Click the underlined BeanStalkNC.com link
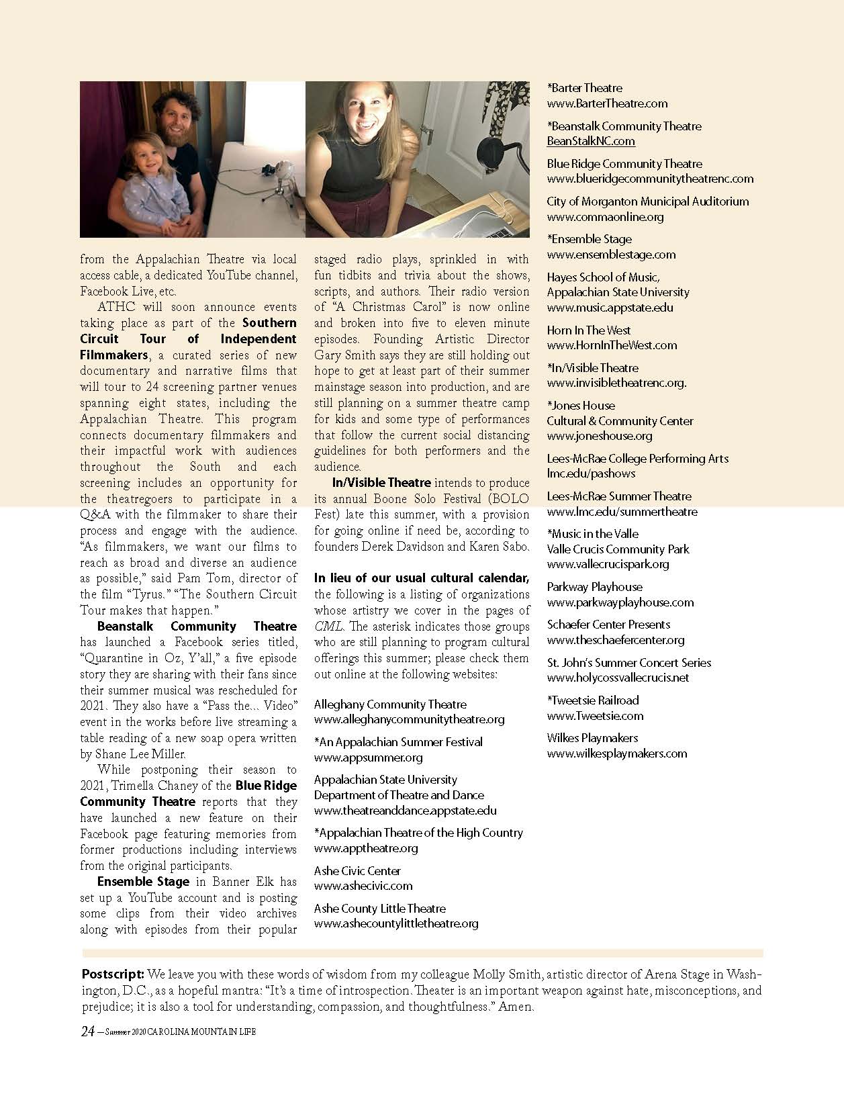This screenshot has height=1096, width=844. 591,141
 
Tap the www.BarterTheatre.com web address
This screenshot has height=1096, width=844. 607,103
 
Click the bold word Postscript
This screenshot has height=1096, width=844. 113,974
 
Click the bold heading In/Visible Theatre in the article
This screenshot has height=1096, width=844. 381,483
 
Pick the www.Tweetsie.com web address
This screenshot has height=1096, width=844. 595,716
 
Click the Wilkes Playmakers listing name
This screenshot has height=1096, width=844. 592,738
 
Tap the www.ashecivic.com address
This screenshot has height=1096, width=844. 363,886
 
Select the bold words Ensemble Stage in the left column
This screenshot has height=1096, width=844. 134,882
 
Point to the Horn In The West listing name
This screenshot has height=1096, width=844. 589,330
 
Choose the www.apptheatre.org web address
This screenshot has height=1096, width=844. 366,848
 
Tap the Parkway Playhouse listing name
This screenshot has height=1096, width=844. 594,587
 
